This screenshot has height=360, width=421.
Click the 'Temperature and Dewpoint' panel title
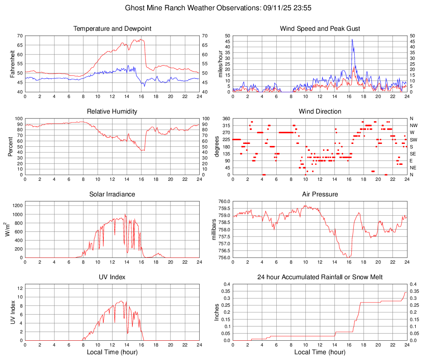coord(112,29)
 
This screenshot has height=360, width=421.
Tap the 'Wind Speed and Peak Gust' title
coord(320,29)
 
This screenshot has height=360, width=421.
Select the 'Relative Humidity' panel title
coord(112,112)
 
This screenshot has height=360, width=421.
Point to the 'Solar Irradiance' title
coord(112,194)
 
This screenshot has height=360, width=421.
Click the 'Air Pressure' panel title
coord(320,194)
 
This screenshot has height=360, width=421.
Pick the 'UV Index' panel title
coord(112,277)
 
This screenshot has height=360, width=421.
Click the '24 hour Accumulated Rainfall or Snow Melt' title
coord(320,277)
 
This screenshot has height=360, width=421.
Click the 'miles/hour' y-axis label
coord(220,64)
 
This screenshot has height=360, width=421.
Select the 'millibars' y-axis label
coord(214,230)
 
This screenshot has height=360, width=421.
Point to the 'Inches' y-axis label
coord(217,312)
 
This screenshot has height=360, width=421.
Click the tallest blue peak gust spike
coord(352,40)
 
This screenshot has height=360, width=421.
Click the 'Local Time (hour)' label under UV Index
coord(112,352)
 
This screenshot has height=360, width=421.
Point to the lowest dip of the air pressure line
coord(347,257)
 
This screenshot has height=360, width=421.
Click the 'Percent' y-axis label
coord(11,147)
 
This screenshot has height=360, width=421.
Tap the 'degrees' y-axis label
coord(217,147)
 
